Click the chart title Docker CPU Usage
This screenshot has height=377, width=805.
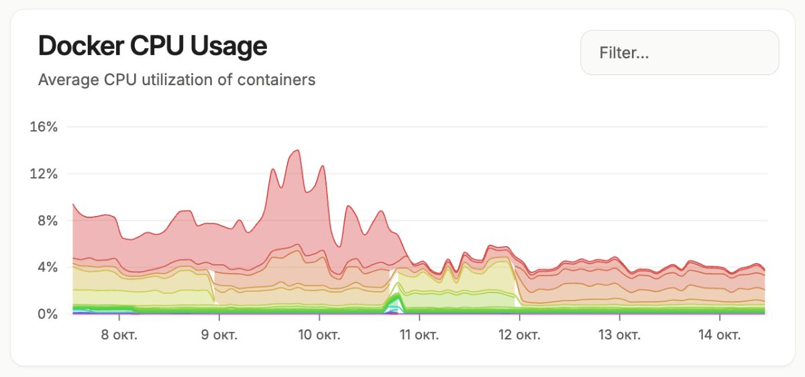[x=152, y=46]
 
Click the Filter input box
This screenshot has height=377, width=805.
[x=679, y=52]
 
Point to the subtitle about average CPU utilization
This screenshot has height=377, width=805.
[x=176, y=80]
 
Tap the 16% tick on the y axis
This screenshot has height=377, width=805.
[x=44, y=127]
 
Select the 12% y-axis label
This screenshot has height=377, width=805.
[x=44, y=174]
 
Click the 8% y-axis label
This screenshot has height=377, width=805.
[x=47, y=221]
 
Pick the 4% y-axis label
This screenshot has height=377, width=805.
[x=47, y=267]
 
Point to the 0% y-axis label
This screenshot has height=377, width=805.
[x=47, y=314]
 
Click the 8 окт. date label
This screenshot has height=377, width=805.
[x=119, y=335]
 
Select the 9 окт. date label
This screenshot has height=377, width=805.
[x=219, y=335]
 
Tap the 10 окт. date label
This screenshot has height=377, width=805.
[x=319, y=335]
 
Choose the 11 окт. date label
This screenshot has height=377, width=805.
[x=419, y=335]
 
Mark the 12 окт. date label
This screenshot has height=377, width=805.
[x=519, y=335]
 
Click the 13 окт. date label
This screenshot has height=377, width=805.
[x=619, y=335]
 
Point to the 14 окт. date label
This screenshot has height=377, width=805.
[x=718, y=335]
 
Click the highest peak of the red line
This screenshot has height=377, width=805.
[x=297, y=151]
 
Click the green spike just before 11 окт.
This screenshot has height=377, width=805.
[x=396, y=295]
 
